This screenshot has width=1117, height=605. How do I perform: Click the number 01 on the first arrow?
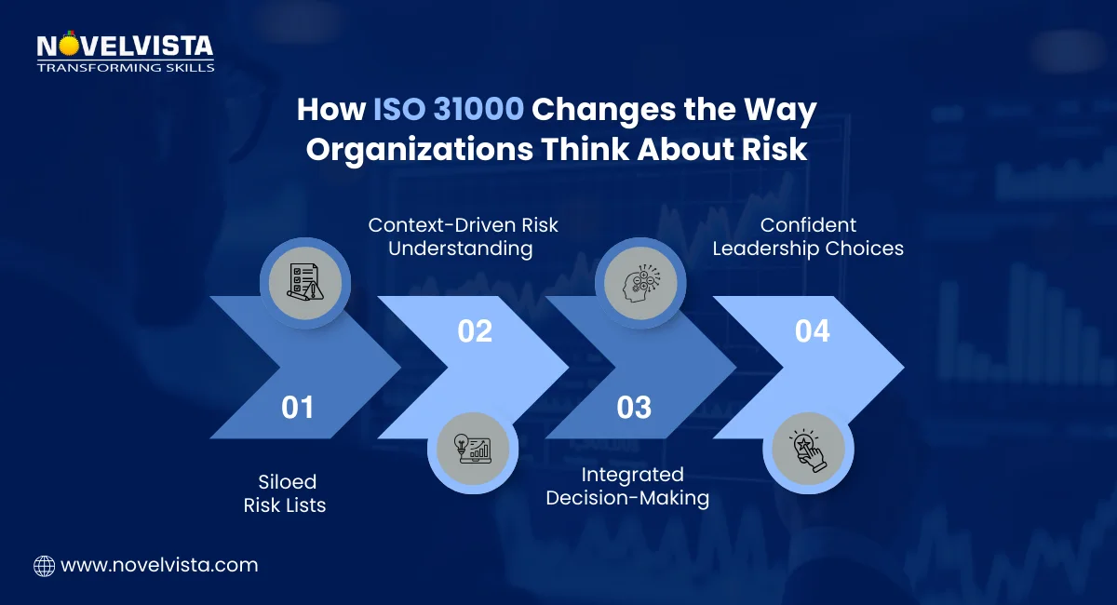tap(298, 407)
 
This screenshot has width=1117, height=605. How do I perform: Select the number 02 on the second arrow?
tap(475, 330)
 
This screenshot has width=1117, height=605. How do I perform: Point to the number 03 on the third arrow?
tap(634, 407)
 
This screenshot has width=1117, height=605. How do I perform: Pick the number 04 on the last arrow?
tap(812, 330)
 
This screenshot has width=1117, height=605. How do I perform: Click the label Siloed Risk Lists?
tap(286, 493)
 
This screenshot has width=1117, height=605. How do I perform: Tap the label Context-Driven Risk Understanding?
tap(463, 236)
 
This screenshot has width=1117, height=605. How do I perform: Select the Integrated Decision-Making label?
tap(627, 487)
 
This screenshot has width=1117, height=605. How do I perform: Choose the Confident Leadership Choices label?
tap(808, 236)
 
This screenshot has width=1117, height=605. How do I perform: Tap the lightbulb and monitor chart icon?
tap(472, 449)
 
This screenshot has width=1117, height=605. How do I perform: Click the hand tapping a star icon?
tap(803, 449)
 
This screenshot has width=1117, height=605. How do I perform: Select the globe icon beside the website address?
tap(44, 565)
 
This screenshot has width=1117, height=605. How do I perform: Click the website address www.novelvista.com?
tap(159, 565)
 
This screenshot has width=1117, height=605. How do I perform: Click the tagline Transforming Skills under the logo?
tap(125, 67)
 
